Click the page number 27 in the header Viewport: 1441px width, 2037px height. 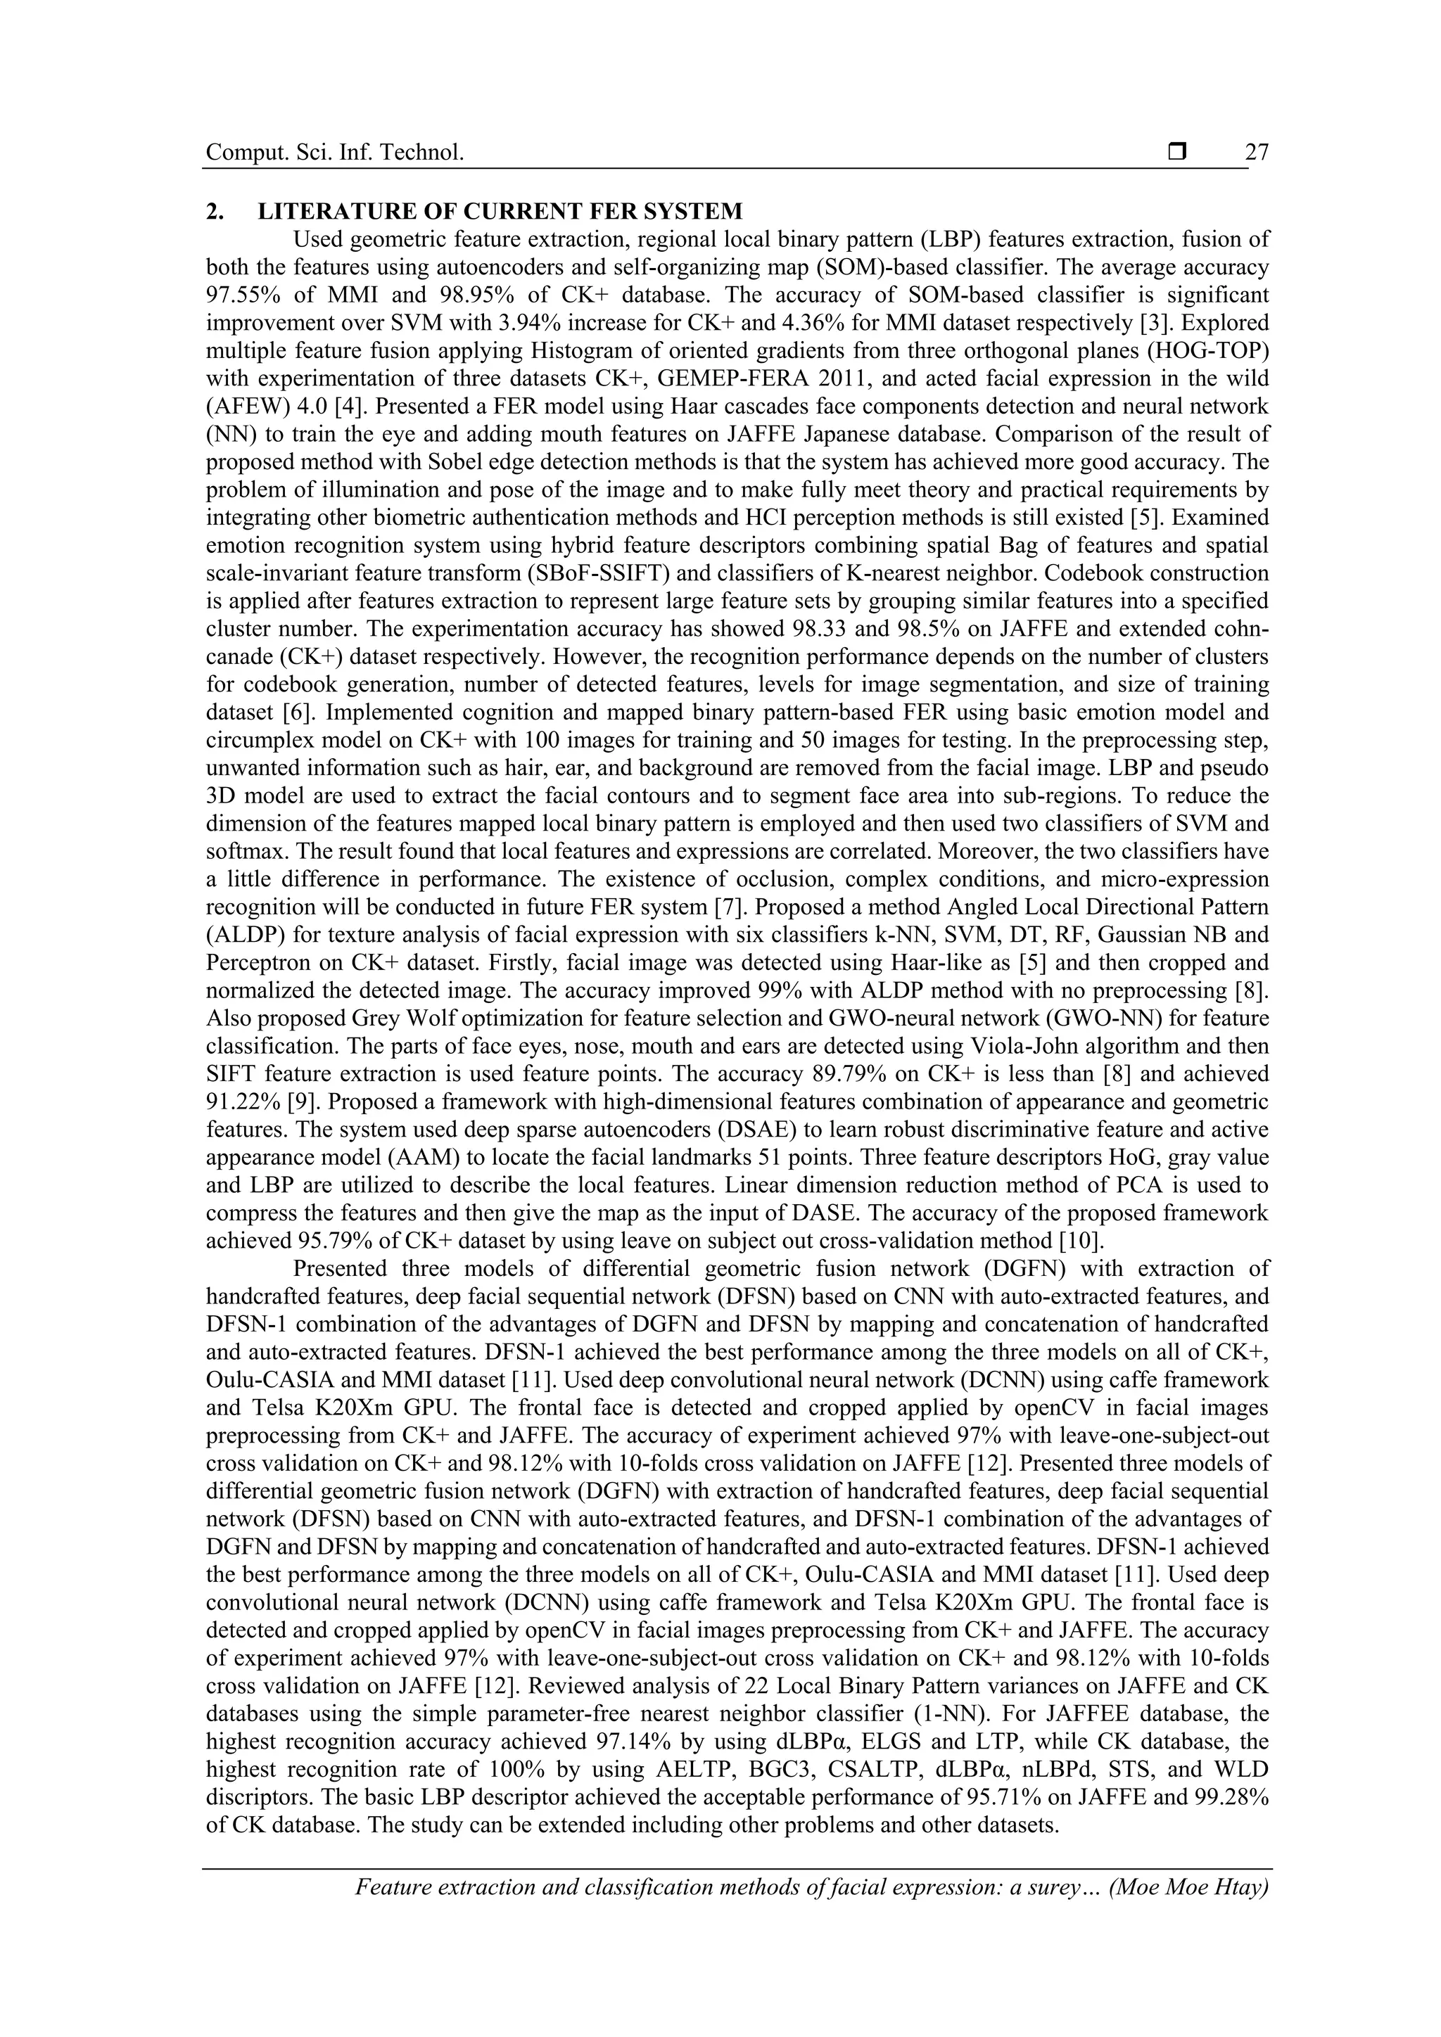tap(1257, 153)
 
